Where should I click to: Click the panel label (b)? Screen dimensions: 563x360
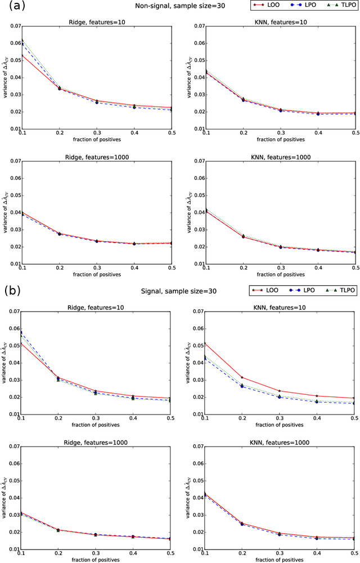[11, 291]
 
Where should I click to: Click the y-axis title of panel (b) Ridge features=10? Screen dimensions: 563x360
[5, 363]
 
